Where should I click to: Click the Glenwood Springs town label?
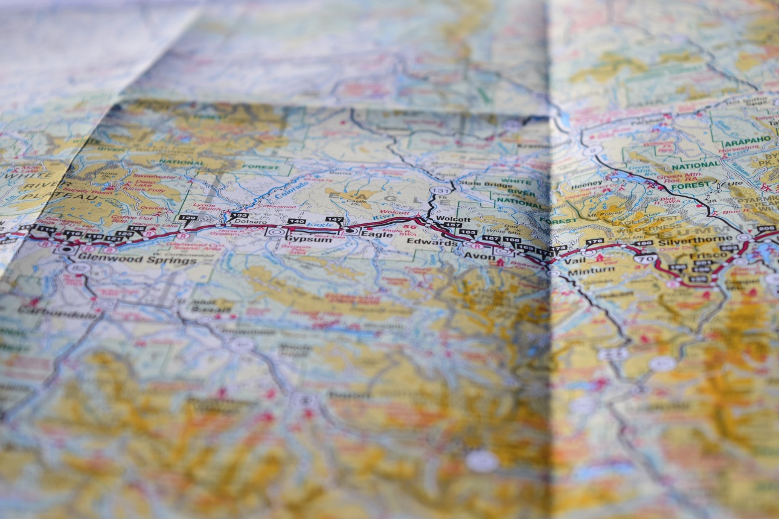point(138,260)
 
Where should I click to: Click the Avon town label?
point(470,255)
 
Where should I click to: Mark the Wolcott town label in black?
point(452,218)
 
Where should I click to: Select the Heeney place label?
point(586,183)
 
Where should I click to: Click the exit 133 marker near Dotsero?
point(240,215)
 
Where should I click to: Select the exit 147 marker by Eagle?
point(334,220)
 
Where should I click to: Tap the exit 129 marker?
point(188,217)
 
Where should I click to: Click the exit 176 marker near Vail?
point(595,242)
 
